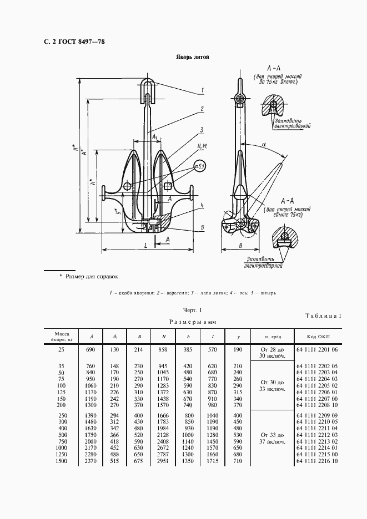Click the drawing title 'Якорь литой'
pyautogui.click(x=193, y=57)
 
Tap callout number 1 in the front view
pyautogui.click(x=203, y=90)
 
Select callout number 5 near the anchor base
pyautogui.click(x=203, y=227)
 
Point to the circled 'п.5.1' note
pyautogui.click(x=199, y=166)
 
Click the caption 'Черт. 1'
pyautogui.click(x=192, y=311)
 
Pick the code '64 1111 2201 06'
pyautogui.click(x=317, y=350)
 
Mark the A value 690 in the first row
pyautogui.click(x=91, y=350)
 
